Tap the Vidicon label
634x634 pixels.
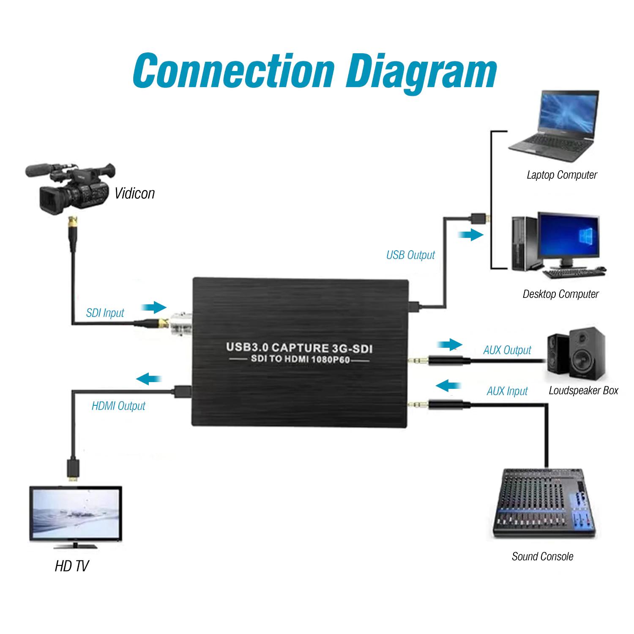click(134, 193)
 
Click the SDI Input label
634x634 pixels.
click(105, 313)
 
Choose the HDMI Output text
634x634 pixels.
click(118, 406)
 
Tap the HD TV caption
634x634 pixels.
click(71, 566)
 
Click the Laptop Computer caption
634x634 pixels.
click(562, 175)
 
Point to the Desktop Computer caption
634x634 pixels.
click(560, 294)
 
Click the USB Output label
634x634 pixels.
click(410, 255)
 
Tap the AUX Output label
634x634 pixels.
click(507, 350)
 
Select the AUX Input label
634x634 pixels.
click(507, 391)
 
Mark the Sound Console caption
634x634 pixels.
click(542, 556)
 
